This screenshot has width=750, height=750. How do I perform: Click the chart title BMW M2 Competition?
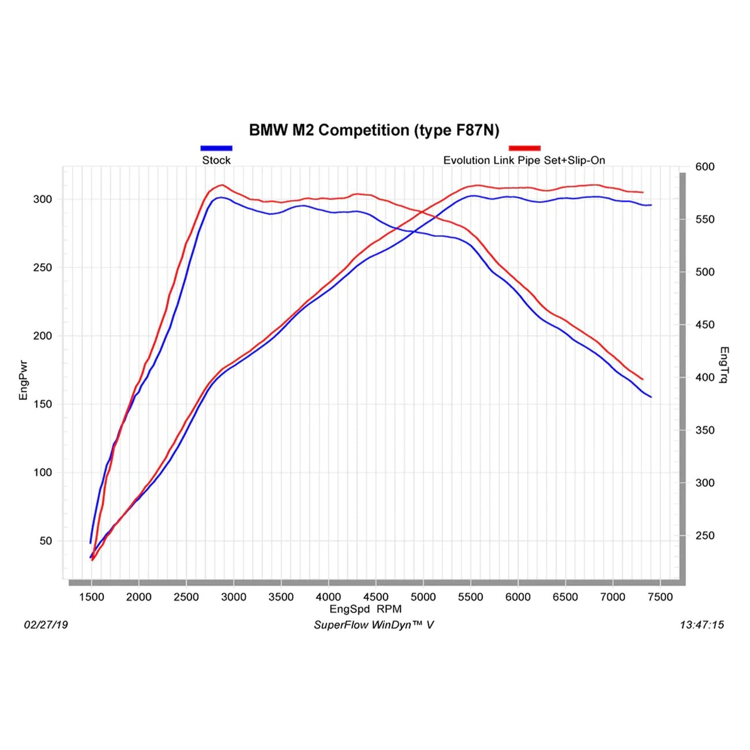pyautogui.click(x=374, y=130)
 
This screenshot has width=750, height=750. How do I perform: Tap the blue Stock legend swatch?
pyautogui.click(x=216, y=148)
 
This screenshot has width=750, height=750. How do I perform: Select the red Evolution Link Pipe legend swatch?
pyautogui.click(x=524, y=148)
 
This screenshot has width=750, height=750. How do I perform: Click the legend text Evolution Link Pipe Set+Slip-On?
pyautogui.click(x=524, y=160)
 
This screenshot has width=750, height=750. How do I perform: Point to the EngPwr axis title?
pyautogui.click(x=24, y=380)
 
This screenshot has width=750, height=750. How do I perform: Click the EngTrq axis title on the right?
pyautogui.click(x=724, y=365)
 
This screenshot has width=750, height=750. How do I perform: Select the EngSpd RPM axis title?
pyautogui.click(x=365, y=609)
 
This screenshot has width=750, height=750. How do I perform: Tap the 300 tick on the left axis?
pyautogui.click(x=43, y=199)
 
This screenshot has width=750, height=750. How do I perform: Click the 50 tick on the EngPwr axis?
pyautogui.click(x=46, y=541)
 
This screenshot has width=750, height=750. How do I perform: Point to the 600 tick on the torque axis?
pyautogui.click(x=704, y=167)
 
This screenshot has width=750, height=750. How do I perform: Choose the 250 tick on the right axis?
pyautogui.click(x=704, y=536)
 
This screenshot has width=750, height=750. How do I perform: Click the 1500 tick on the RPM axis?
pyautogui.click(x=91, y=597)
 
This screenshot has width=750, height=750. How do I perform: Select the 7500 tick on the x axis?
pyautogui.click(x=660, y=597)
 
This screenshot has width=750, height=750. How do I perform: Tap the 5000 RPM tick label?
pyautogui.click(x=423, y=597)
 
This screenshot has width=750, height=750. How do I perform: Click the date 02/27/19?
pyautogui.click(x=46, y=625)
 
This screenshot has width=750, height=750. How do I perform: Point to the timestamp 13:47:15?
pyautogui.click(x=702, y=625)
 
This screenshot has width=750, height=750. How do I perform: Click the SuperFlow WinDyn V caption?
pyautogui.click(x=373, y=625)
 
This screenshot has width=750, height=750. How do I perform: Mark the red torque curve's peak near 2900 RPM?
pyautogui.click(x=222, y=185)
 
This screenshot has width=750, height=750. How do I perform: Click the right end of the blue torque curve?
pyautogui.click(x=651, y=397)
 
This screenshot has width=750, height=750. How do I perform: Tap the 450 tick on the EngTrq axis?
pyautogui.click(x=704, y=325)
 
